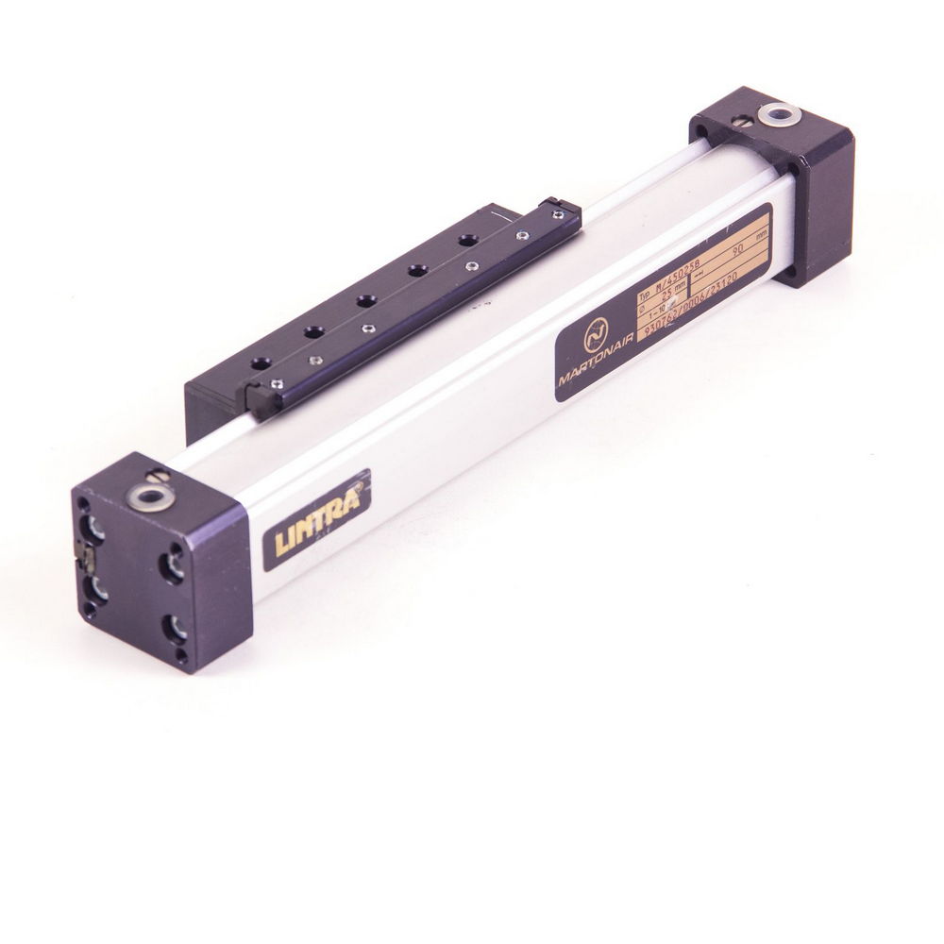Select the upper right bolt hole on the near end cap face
tap(173, 565)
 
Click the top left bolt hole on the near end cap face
tap(93, 525)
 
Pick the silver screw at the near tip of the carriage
tap(276, 381)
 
